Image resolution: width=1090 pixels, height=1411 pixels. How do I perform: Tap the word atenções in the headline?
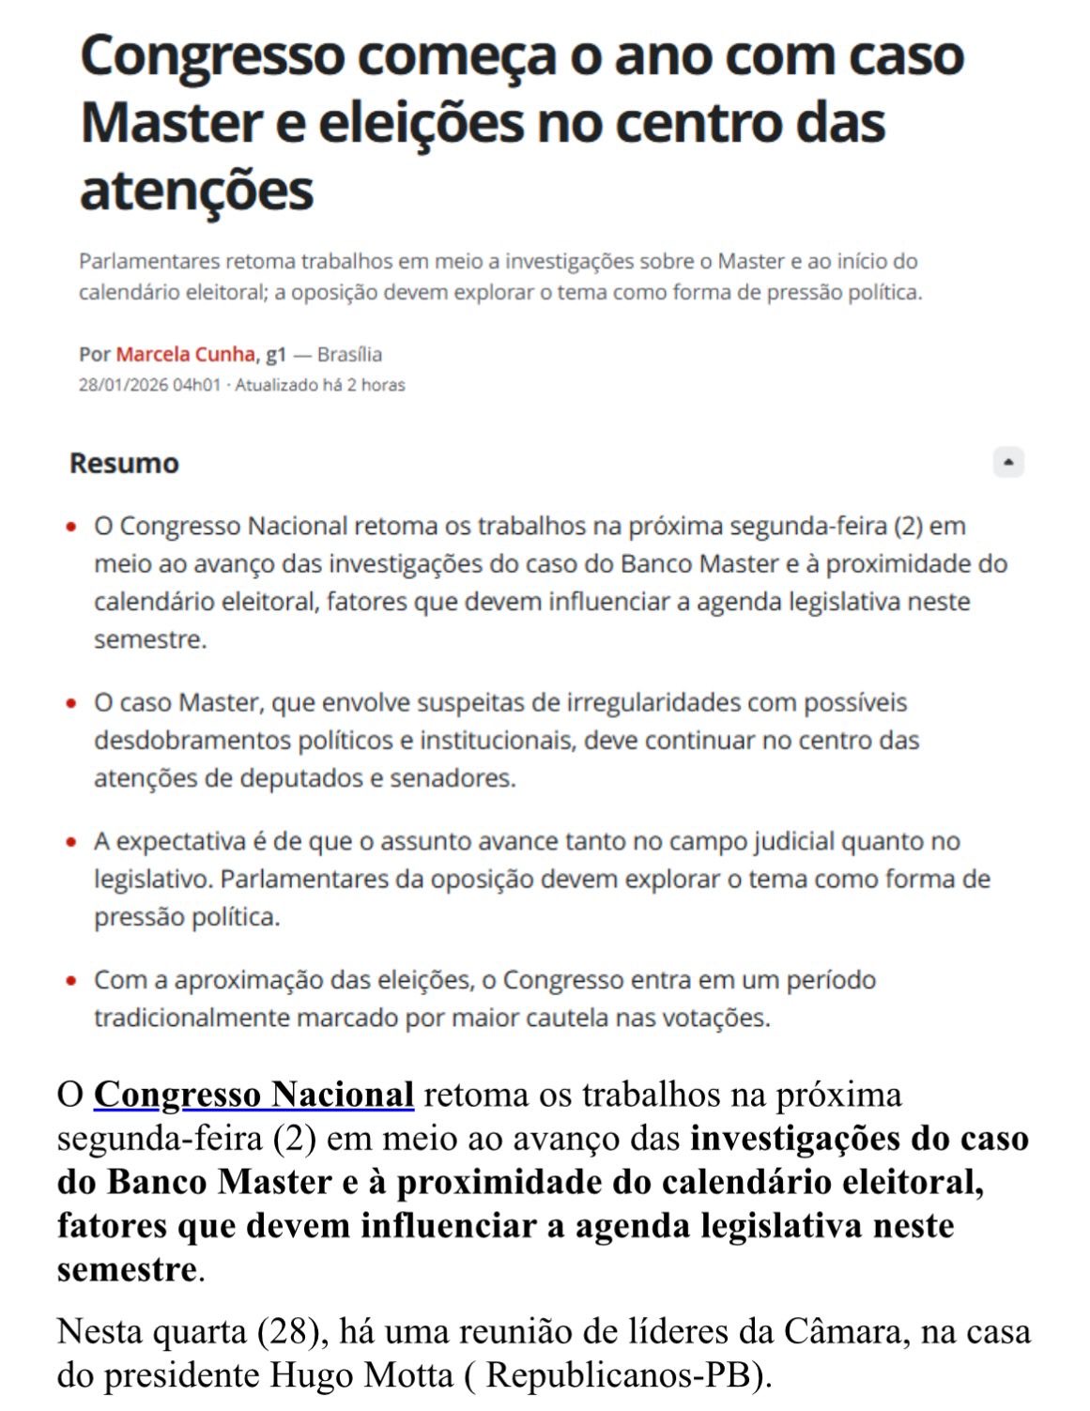tap(196, 191)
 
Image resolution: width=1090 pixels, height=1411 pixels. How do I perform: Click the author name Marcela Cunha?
tap(186, 354)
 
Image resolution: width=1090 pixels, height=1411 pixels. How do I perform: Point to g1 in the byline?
tap(275, 354)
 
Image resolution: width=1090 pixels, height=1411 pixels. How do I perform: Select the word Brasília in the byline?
tap(349, 354)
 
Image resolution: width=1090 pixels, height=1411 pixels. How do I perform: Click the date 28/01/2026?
tap(123, 385)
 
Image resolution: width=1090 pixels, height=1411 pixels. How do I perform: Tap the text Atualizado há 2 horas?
tap(320, 385)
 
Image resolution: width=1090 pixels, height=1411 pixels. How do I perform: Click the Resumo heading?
tap(124, 463)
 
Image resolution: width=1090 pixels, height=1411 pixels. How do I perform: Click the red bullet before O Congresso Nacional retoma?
tap(71, 527)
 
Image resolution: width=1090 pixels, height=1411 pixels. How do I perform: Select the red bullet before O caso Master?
tap(71, 703)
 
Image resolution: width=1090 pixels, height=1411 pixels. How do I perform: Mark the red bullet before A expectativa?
tap(71, 842)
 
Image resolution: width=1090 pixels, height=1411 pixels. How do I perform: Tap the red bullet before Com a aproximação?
tap(71, 981)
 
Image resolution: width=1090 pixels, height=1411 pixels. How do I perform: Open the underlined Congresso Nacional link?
tap(253, 1095)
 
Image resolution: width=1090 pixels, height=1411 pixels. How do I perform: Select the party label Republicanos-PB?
tap(620, 1375)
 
